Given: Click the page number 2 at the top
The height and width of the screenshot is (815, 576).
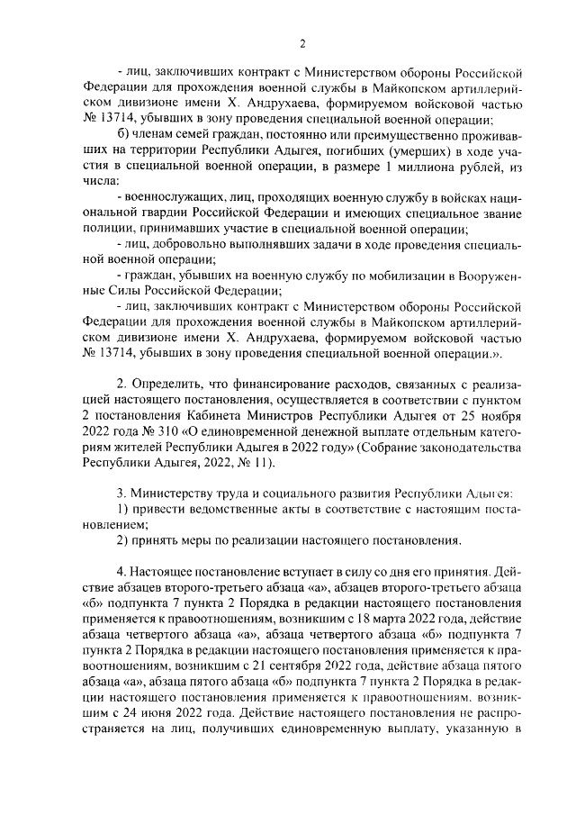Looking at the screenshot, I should click(x=302, y=42).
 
